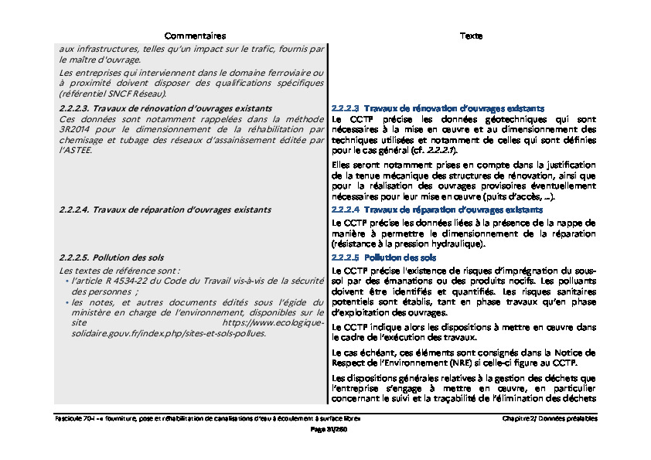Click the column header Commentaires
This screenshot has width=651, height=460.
tap(195, 36)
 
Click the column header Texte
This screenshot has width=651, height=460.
tap(471, 36)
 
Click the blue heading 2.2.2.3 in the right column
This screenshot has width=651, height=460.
tap(438, 108)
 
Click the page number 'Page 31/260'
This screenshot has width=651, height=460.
tap(325, 428)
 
